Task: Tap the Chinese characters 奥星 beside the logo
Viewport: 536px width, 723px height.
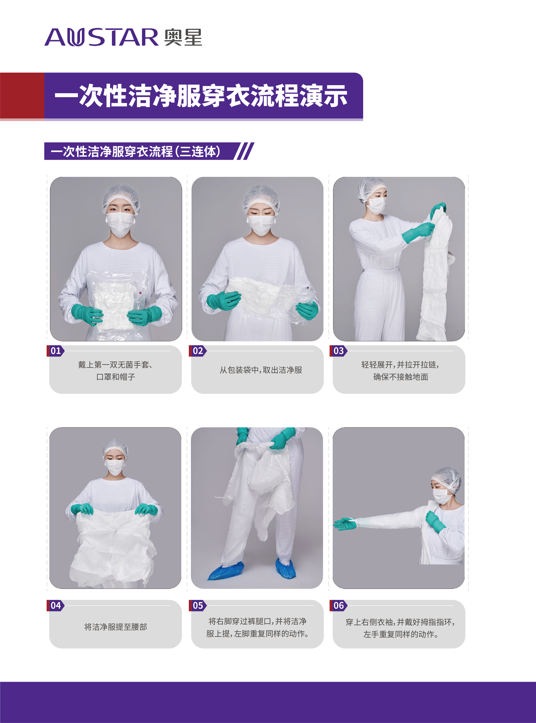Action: coord(183,37)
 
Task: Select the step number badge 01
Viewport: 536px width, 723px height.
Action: coord(55,351)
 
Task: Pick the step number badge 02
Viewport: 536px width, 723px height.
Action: coord(198,351)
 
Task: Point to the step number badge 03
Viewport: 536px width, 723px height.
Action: coord(338,351)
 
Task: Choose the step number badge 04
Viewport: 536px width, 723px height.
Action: coord(55,605)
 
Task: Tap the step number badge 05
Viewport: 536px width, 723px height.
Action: coord(198,605)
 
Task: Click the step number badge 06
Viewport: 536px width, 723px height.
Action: coord(338,605)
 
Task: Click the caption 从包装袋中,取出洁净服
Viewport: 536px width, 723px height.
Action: coord(261,370)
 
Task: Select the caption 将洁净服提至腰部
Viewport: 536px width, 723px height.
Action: coord(116,627)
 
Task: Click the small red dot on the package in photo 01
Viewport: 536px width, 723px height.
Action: coord(140,293)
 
